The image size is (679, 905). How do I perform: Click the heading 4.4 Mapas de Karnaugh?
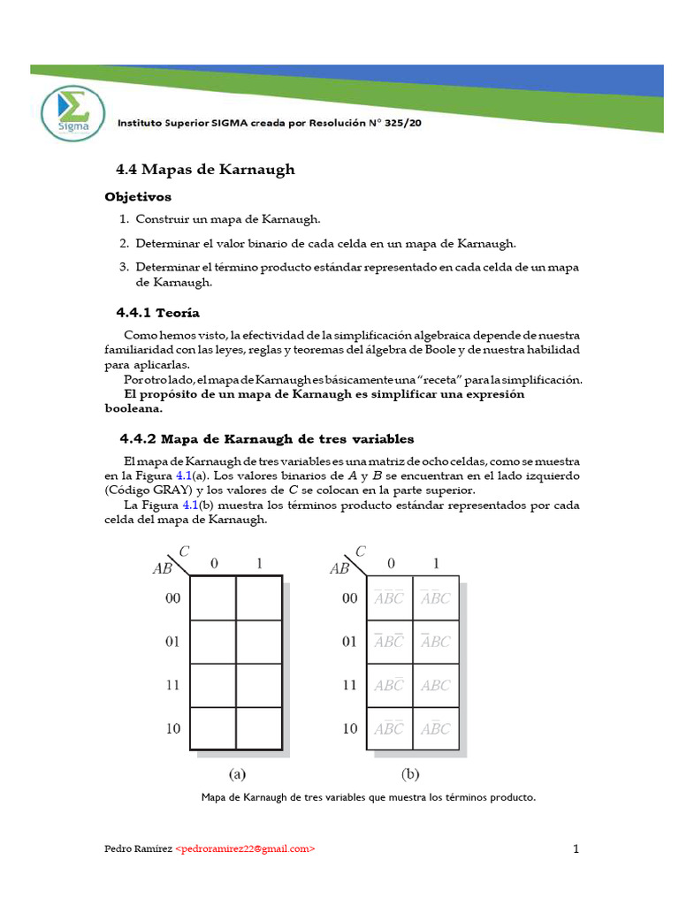[205, 169]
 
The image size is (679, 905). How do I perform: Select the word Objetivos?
[138, 196]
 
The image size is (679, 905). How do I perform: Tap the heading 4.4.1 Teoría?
[158, 312]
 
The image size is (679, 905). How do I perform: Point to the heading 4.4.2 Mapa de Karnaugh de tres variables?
[266, 438]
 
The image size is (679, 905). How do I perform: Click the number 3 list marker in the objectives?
[125, 266]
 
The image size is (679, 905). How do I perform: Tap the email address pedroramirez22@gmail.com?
[245, 848]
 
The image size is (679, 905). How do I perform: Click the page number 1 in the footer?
[576, 849]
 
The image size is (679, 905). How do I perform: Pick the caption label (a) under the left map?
[237, 774]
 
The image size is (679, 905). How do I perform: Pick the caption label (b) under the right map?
[411, 774]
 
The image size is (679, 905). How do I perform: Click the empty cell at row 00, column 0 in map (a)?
[213, 598]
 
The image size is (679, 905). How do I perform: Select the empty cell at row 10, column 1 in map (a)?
[259, 729]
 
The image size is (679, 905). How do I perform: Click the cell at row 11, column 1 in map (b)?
[436, 685]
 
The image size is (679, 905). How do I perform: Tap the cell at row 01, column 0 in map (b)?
[390, 642]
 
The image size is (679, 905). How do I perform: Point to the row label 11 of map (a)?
[172, 685]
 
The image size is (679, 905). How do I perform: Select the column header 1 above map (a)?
[259, 563]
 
